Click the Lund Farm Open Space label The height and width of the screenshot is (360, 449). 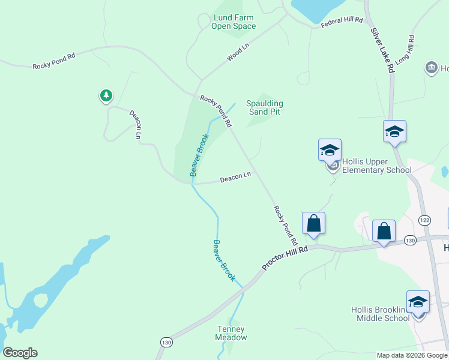click(x=234, y=22)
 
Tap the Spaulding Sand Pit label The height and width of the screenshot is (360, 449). click(x=265, y=107)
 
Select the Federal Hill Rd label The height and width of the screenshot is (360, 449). click(x=342, y=21)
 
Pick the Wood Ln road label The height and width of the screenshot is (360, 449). click(x=238, y=53)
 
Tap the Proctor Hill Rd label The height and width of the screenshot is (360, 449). click(x=286, y=257)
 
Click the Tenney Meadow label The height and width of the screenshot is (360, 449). click(x=231, y=333)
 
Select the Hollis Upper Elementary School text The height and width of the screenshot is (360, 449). click(x=376, y=166)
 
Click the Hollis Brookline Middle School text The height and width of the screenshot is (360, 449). click(x=380, y=314)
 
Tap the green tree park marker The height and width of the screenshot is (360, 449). click(x=106, y=95)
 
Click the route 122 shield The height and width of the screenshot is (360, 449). click(x=425, y=220)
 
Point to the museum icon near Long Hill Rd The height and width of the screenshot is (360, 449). click(x=432, y=68)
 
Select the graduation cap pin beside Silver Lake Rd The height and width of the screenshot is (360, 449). click(x=394, y=131)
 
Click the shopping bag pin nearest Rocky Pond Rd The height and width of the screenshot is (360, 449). click(x=313, y=223)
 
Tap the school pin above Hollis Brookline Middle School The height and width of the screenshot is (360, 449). click(x=417, y=301)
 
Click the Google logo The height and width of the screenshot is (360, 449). click(x=20, y=353)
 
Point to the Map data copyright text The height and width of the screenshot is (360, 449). click(x=411, y=355)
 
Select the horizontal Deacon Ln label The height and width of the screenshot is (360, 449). click(x=235, y=178)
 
